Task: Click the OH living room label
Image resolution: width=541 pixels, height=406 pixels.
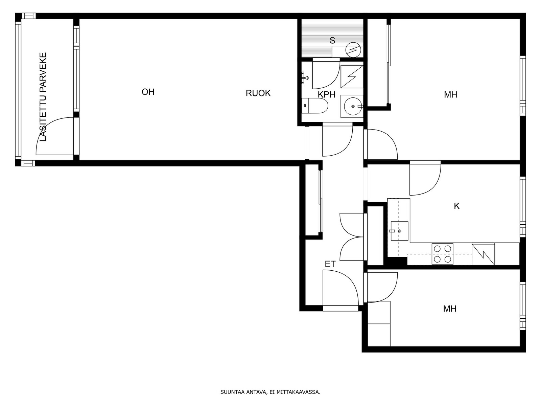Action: tap(148, 92)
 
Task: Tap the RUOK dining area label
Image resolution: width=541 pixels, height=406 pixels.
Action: tap(258, 93)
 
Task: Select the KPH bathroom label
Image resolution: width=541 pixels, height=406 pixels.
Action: tap(326, 95)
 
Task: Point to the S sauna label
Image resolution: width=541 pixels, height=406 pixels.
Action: tap(332, 40)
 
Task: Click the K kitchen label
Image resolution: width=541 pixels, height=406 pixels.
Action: tap(456, 206)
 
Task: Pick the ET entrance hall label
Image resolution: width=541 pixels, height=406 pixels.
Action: tap(330, 264)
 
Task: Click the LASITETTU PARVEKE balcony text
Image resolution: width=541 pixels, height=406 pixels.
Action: tap(43, 97)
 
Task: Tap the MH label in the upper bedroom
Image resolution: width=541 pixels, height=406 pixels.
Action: tap(450, 95)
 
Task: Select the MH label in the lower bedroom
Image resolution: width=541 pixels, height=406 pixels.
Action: tap(450, 309)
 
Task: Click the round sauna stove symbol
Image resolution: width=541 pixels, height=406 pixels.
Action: tap(353, 50)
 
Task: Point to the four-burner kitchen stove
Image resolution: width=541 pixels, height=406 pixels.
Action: tap(442, 254)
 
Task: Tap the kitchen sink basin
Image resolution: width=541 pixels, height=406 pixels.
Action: tap(399, 231)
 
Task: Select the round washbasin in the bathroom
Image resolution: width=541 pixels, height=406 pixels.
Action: tap(353, 106)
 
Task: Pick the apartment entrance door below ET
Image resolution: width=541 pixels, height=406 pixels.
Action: tap(340, 290)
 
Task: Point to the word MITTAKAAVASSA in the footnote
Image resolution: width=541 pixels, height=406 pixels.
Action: tap(298, 392)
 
